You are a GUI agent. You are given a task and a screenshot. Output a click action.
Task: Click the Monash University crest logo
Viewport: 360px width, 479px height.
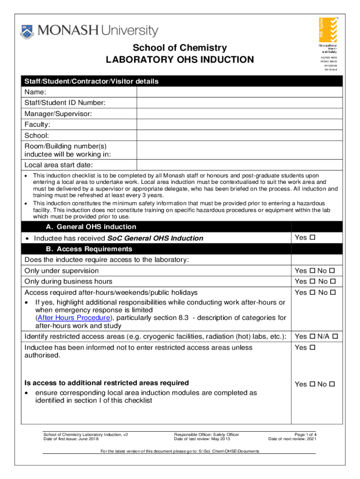coord(27,32)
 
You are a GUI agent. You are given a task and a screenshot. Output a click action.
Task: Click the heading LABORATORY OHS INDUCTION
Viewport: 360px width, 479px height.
coord(180,60)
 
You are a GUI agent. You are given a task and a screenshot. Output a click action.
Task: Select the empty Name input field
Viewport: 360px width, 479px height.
coord(239,92)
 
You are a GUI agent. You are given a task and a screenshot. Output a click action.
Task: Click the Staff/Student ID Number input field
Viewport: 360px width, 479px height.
coord(239,103)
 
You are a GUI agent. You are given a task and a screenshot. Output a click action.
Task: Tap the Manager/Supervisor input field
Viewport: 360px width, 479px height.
coord(239,114)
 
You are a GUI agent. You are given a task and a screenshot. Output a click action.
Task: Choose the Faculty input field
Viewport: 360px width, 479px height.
coord(239,125)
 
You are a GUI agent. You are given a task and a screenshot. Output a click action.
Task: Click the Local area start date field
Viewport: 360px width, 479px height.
coord(239,165)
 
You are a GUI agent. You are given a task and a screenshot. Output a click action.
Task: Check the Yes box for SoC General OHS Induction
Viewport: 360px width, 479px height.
coord(312,238)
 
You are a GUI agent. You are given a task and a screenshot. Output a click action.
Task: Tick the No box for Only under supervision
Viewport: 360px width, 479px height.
coord(332,271)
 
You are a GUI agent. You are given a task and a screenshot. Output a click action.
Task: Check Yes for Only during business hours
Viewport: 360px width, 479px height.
coord(312,282)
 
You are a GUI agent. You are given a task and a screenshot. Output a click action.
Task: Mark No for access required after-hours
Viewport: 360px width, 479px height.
coord(332,293)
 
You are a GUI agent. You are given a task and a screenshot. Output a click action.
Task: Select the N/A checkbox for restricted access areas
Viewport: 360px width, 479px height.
coord(335,337)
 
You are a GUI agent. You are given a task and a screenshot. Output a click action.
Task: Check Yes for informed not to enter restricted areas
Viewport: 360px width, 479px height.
coord(312,348)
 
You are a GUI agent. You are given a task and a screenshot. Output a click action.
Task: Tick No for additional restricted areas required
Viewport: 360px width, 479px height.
coord(332,385)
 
